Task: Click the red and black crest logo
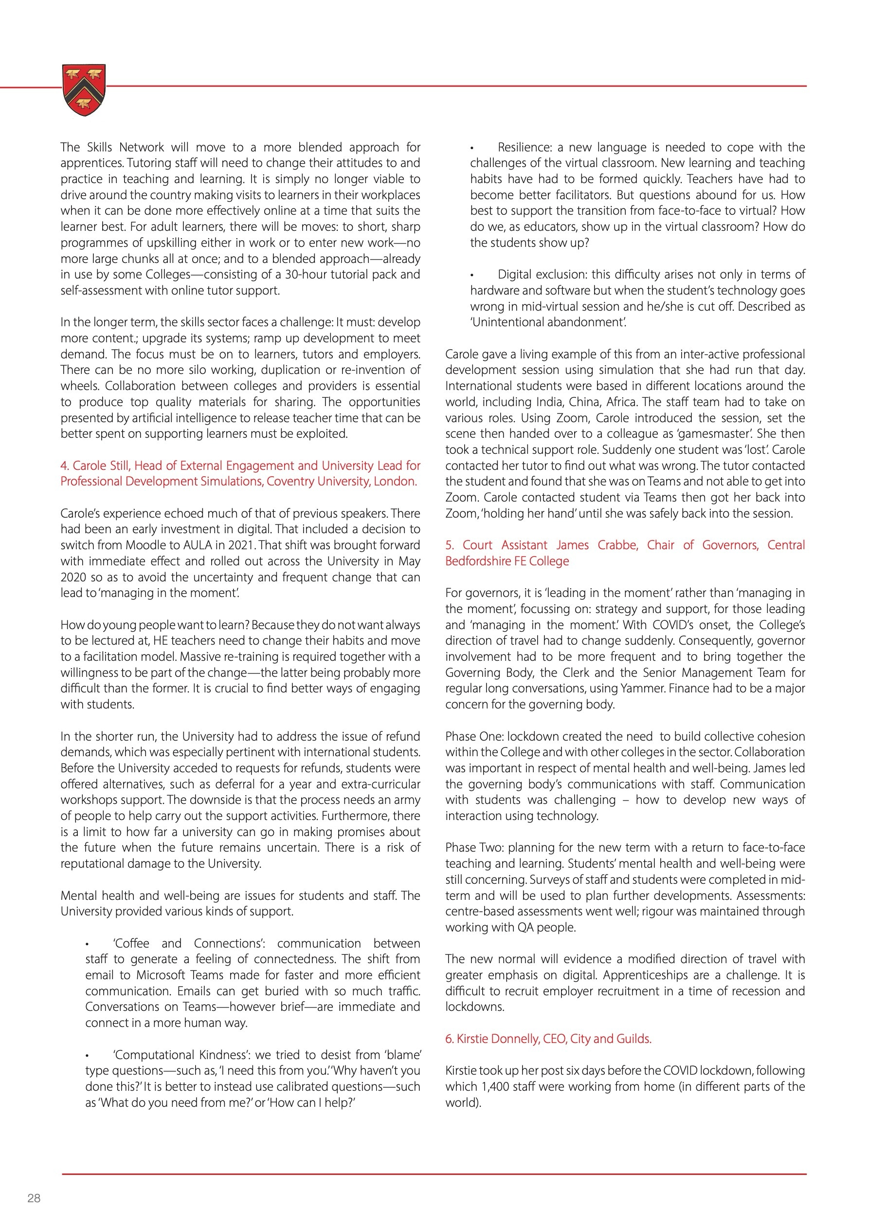[84, 90]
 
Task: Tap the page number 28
[34, 1198]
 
